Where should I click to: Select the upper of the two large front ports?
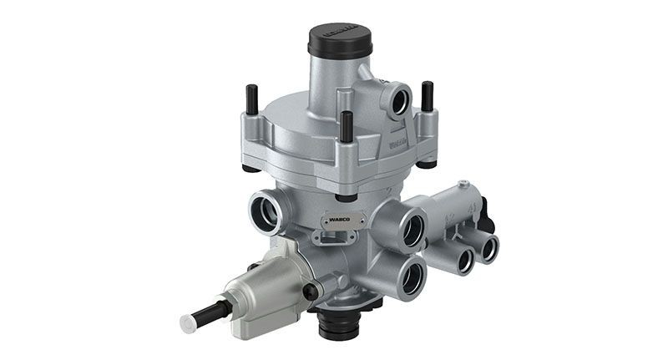(x=412, y=227)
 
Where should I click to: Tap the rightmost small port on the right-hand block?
(x=487, y=247)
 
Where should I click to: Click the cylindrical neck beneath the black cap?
(x=333, y=84)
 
